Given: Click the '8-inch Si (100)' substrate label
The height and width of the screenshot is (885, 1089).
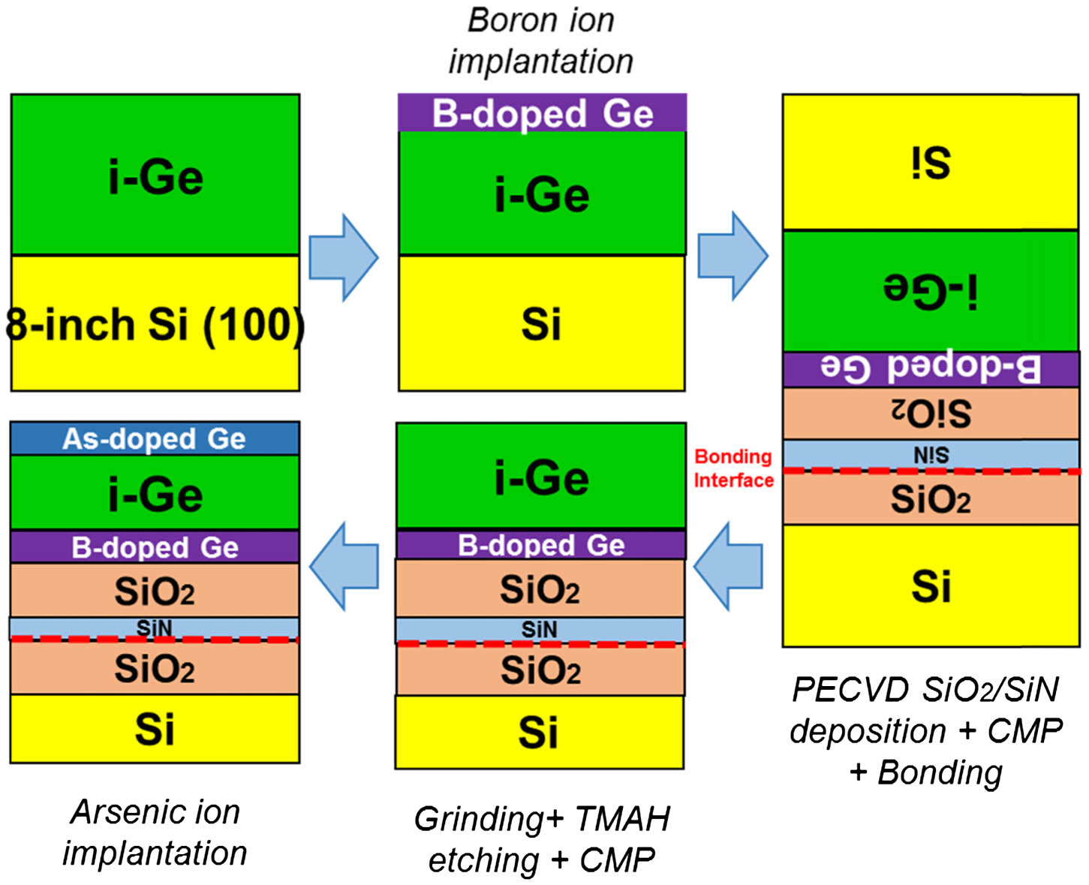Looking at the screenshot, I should (x=155, y=324).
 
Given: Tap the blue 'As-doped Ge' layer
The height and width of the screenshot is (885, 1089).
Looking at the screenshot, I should (x=155, y=438).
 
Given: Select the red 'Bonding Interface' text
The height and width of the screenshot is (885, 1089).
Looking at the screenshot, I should (x=733, y=468).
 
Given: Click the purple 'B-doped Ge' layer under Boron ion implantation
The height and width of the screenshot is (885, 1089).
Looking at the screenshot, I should (x=542, y=113).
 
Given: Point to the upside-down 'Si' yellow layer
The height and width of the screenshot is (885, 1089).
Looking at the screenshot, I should (x=931, y=162).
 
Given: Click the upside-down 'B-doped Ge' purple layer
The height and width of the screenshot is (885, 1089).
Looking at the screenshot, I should (x=931, y=369).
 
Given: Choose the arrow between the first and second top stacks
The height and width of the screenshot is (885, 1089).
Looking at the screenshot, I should (x=344, y=257).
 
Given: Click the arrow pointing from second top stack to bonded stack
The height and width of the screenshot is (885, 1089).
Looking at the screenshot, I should (x=732, y=256).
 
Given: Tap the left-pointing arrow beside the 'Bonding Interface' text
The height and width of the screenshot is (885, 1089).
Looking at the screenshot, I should (x=729, y=567).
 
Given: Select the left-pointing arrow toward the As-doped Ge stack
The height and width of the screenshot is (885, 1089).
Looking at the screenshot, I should (x=344, y=565).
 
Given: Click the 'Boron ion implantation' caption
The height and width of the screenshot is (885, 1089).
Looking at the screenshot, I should (x=540, y=41).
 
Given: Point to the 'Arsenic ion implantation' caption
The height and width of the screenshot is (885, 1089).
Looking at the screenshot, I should (x=155, y=832).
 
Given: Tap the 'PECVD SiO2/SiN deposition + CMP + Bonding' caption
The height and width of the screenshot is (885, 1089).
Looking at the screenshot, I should (x=927, y=730).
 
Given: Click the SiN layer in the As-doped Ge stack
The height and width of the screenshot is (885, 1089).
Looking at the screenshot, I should (x=155, y=627).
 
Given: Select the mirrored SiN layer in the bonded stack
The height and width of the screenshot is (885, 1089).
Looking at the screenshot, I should (x=931, y=454).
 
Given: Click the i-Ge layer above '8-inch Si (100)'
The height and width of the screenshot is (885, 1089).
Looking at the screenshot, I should (x=155, y=176).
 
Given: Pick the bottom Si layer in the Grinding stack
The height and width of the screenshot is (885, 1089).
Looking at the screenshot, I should (x=539, y=732).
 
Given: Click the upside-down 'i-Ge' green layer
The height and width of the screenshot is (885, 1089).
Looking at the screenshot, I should (x=931, y=291).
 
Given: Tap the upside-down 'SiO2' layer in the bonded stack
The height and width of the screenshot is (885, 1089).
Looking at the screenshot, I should (x=931, y=413).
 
